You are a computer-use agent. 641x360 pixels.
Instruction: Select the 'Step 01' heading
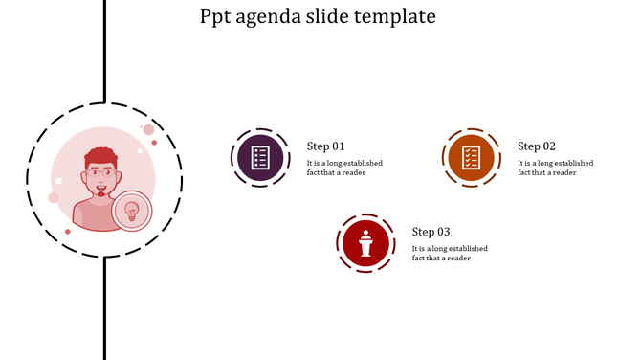tap(325, 146)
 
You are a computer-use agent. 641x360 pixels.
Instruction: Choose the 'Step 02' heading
tap(537, 146)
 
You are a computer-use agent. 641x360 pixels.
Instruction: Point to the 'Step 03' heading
tap(431, 232)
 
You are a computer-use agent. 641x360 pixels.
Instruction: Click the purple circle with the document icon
tap(259, 157)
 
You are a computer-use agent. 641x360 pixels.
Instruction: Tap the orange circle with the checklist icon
tap(471, 157)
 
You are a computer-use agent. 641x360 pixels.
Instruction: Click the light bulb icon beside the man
tap(132, 211)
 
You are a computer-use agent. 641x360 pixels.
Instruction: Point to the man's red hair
tap(101, 156)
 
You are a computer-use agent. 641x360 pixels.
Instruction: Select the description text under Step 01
tap(344, 168)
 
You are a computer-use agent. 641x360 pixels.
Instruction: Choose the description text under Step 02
tap(555, 168)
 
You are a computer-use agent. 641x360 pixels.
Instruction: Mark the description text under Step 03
tap(450, 253)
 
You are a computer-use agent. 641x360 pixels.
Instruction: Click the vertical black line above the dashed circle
tap(103, 48)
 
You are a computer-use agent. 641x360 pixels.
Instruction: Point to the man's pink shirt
tap(96, 216)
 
